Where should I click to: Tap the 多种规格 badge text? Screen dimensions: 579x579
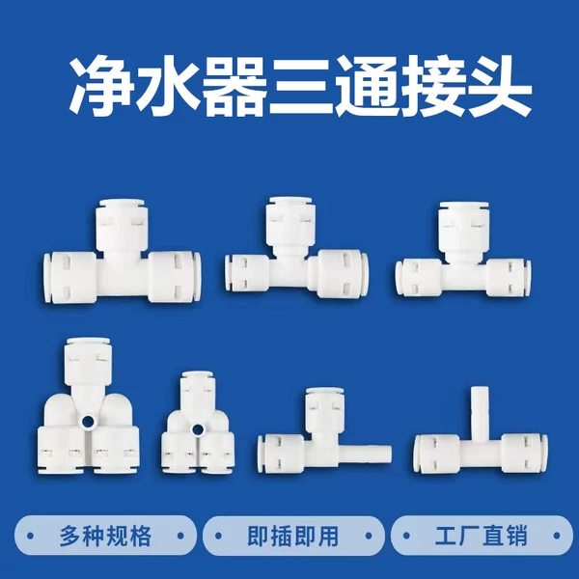(x=105, y=535)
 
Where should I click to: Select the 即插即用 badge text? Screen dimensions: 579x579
(x=293, y=535)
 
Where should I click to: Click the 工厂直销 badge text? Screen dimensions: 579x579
(x=482, y=535)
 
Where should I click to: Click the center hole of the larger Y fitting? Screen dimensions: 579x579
(x=89, y=422)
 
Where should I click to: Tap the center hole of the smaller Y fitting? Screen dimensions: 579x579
(x=198, y=429)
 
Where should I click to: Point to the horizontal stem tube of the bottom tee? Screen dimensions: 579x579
(x=367, y=454)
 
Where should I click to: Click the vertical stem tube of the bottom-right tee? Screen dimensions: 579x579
(x=479, y=409)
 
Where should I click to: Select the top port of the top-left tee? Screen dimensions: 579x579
(x=123, y=225)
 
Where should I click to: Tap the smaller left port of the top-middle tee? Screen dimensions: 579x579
(x=247, y=273)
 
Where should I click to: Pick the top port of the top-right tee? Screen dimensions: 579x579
(x=463, y=229)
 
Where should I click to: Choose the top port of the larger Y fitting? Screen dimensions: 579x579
(x=88, y=361)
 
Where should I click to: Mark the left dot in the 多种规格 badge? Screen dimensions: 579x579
(x=30, y=536)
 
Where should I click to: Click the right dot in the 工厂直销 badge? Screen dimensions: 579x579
(x=557, y=536)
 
